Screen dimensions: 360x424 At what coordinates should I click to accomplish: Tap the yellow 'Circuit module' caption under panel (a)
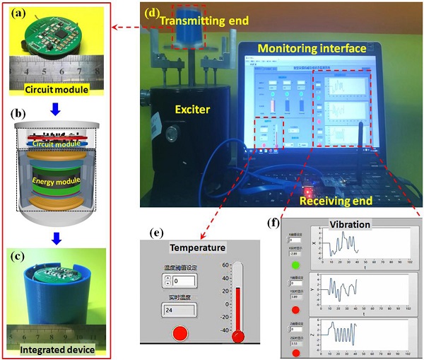point(55,90)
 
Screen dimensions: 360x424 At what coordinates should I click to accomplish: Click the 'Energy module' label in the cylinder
point(55,182)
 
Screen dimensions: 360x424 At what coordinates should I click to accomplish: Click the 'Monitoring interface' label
point(312,49)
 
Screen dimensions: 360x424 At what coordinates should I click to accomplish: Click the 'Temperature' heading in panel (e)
point(198,248)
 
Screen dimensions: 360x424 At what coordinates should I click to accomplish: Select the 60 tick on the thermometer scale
point(227,266)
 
